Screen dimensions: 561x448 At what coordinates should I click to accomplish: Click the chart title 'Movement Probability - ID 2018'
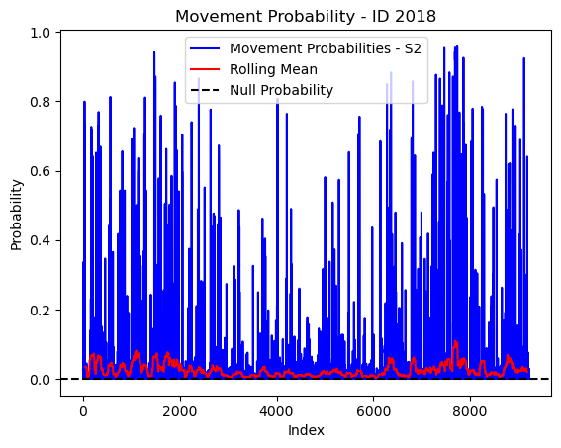(x=306, y=17)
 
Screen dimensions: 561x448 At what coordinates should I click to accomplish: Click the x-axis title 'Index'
(x=306, y=430)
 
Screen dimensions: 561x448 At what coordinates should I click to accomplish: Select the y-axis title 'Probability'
(x=16, y=215)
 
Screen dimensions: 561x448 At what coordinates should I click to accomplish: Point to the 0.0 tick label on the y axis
(x=40, y=380)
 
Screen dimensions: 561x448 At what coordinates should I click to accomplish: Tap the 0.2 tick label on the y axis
(x=40, y=310)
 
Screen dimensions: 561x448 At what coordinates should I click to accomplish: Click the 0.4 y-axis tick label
(x=40, y=240)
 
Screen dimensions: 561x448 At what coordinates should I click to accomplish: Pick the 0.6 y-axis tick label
(x=40, y=171)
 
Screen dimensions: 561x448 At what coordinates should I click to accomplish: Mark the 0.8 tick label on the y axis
(x=40, y=102)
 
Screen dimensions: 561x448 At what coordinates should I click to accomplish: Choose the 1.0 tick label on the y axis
(x=40, y=33)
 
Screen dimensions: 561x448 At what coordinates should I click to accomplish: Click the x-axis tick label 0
(x=83, y=411)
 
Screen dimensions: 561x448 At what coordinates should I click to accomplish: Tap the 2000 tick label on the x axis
(x=180, y=411)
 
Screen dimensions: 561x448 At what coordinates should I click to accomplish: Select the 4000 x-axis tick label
(x=277, y=411)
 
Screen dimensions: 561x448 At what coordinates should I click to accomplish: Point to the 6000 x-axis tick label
(x=373, y=411)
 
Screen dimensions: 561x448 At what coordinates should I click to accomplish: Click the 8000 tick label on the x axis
(x=470, y=411)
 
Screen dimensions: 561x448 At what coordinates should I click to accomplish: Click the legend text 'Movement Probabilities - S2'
(x=326, y=48)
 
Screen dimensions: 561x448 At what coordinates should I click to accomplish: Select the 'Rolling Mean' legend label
(x=273, y=69)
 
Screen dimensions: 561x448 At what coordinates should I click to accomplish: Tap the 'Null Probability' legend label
(x=282, y=90)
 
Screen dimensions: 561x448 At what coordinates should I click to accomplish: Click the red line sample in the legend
(x=205, y=69)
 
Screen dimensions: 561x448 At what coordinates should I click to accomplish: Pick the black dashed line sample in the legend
(x=205, y=90)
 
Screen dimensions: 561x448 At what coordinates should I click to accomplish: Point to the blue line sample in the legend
(x=205, y=48)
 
